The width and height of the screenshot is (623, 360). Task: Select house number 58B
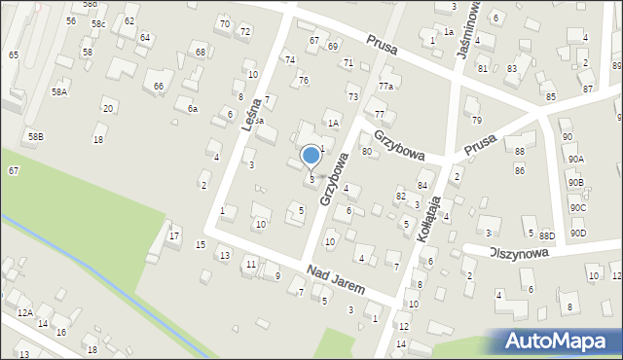click(x=35, y=137)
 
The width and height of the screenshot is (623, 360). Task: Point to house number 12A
click(x=25, y=312)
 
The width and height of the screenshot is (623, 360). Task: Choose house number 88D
click(x=547, y=234)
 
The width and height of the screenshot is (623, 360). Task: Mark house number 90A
click(x=575, y=159)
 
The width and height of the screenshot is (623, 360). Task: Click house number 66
click(x=159, y=87)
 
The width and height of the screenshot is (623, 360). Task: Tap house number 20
click(x=108, y=108)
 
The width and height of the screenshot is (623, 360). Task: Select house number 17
click(x=174, y=235)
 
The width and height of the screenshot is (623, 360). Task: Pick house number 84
click(x=422, y=185)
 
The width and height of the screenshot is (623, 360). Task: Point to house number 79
click(x=476, y=121)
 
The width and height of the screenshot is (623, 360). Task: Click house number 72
click(x=245, y=32)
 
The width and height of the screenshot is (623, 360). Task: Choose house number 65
click(x=14, y=55)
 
